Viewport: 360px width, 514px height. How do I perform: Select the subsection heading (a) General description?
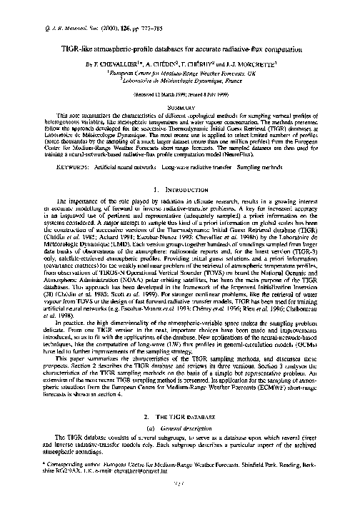click(x=180, y=428)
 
